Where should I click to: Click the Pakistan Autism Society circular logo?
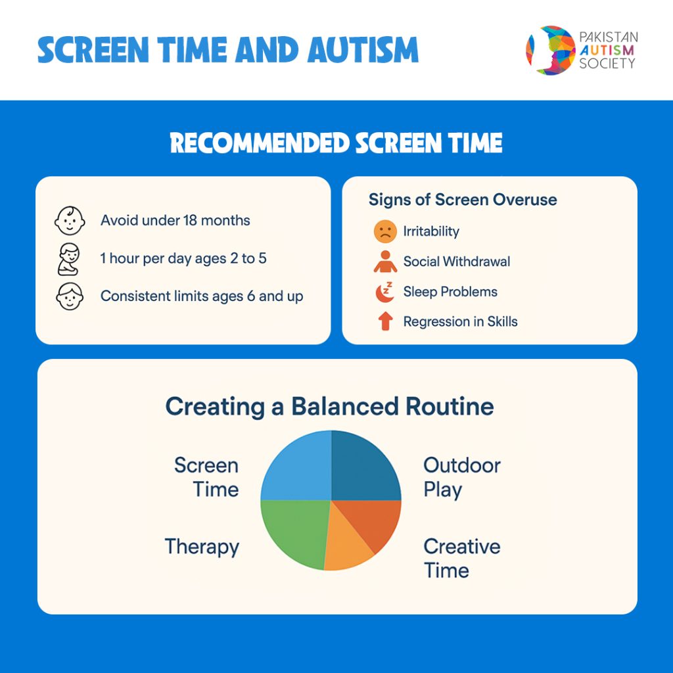(x=551, y=50)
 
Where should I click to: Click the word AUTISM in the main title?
(x=363, y=50)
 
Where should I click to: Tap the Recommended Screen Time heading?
(x=336, y=143)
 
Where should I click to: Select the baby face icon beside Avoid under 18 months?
(x=70, y=221)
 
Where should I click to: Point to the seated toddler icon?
(x=68, y=259)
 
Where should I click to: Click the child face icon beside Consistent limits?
(x=70, y=296)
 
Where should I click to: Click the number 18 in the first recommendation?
(x=190, y=220)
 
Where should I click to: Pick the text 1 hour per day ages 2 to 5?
(x=183, y=258)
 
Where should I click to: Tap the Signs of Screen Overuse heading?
(x=463, y=200)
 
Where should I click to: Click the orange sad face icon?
(x=385, y=231)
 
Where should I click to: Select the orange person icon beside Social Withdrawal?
(x=385, y=262)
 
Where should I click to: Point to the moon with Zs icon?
(x=384, y=292)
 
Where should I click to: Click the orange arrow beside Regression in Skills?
(x=385, y=321)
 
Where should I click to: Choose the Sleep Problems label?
(x=450, y=292)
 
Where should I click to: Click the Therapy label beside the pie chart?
(x=202, y=547)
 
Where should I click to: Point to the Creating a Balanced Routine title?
(x=330, y=406)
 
